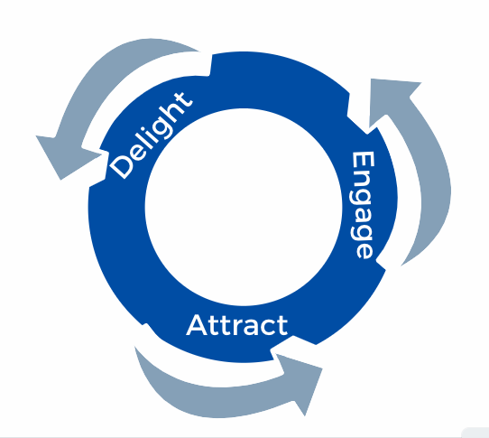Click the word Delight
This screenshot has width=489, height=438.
click(x=152, y=135)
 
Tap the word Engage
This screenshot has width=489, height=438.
click(x=362, y=205)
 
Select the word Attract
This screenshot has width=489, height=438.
click(x=237, y=325)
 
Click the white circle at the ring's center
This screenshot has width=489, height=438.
click(x=244, y=207)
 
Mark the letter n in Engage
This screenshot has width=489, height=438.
click(x=362, y=180)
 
